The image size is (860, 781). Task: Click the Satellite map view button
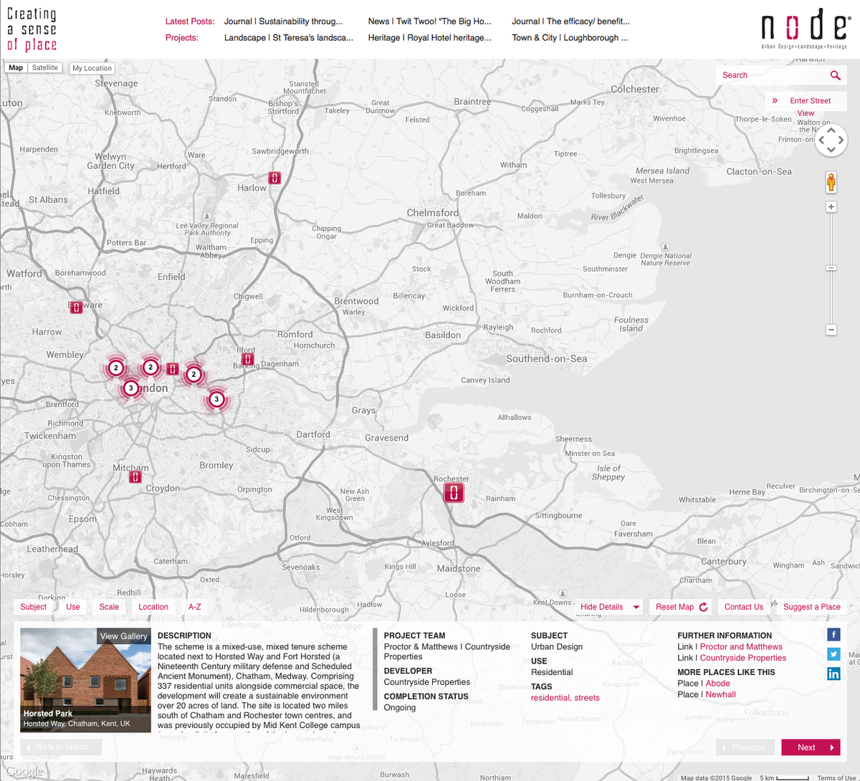(45, 68)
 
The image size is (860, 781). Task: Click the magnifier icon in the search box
(835, 75)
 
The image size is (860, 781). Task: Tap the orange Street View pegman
(831, 182)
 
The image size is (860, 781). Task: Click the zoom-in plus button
(831, 207)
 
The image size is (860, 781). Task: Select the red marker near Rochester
(454, 492)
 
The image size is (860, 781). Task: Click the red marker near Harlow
(274, 178)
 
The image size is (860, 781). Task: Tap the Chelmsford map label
(432, 213)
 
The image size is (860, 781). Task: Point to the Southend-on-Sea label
(546, 358)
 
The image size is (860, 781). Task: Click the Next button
(811, 747)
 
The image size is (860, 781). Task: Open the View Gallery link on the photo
(123, 636)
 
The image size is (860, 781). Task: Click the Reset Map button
(682, 607)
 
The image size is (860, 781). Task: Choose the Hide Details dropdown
(610, 607)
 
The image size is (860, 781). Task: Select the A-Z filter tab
(195, 607)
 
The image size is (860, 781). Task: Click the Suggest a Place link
(811, 607)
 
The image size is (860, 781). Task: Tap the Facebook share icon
(833, 635)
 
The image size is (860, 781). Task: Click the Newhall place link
(720, 694)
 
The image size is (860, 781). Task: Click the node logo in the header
(804, 29)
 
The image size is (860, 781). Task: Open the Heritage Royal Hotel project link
(429, 38)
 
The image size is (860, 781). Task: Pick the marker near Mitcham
(135, 476)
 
